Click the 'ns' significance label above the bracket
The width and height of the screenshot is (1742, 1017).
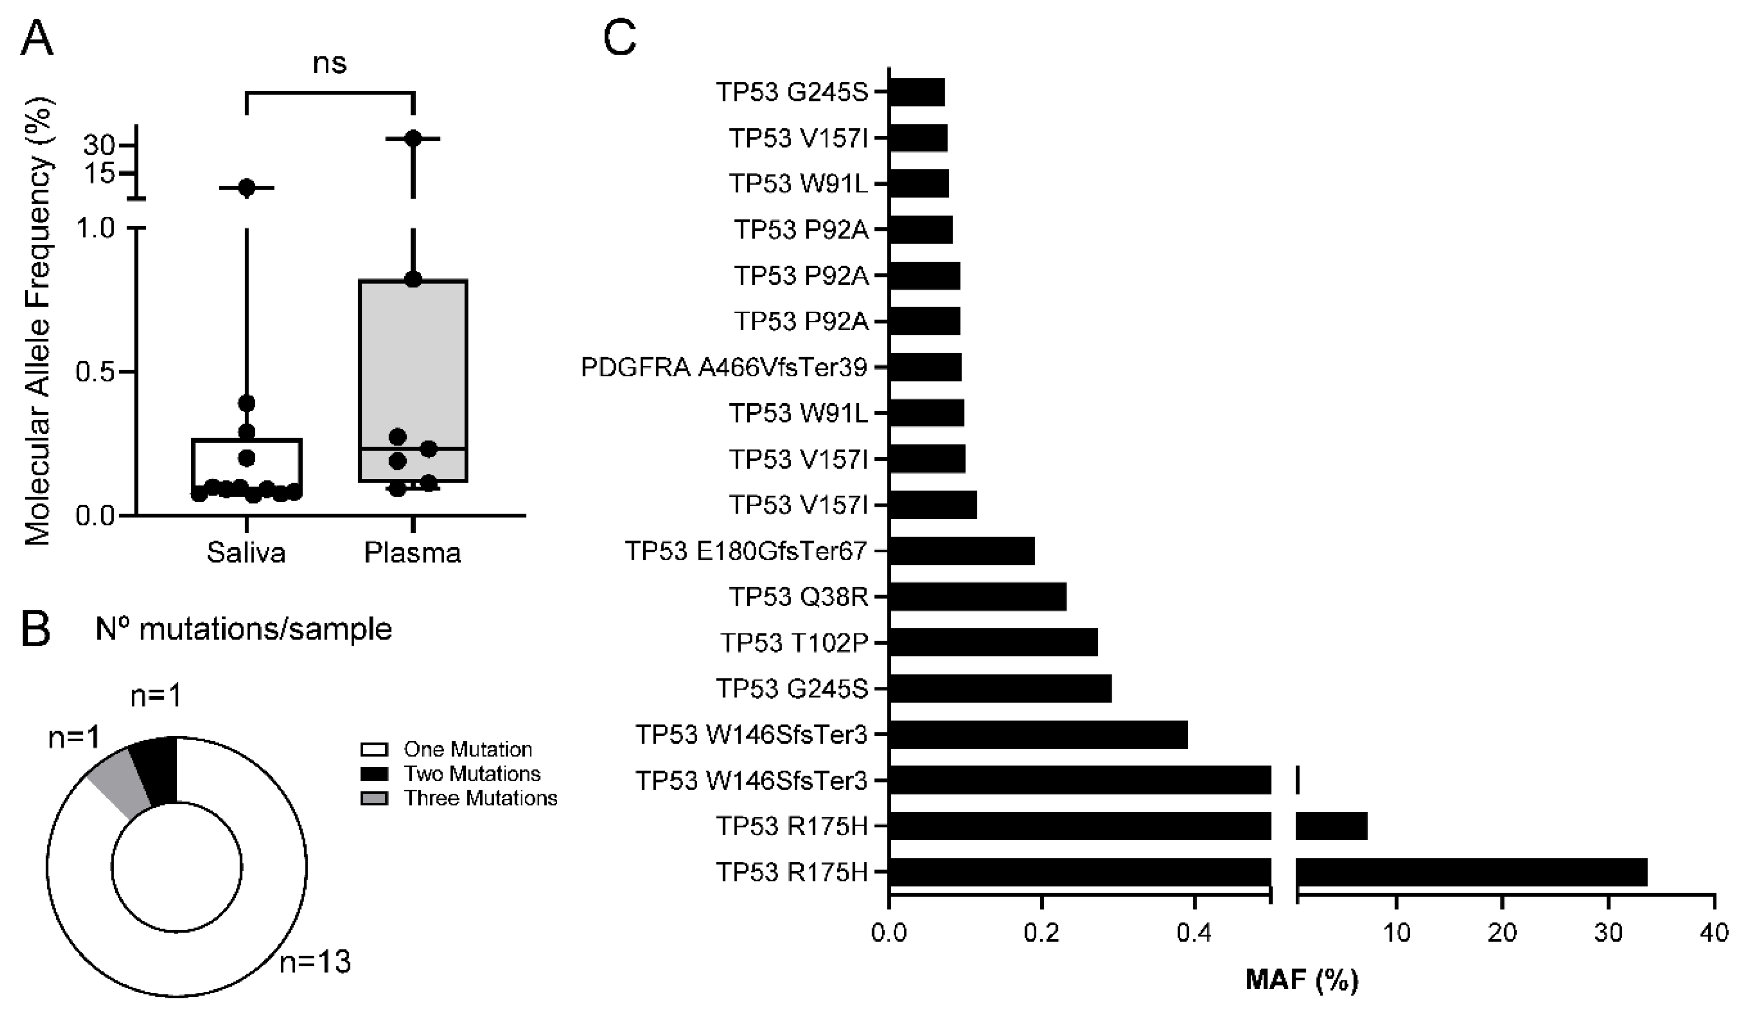pyautogui.click(x=330, y=64)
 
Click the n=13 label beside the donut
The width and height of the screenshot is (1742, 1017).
pyautogui.click(x=315, y=962)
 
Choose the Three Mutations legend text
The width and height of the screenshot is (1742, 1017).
pyautogui.click(x=480, y=799)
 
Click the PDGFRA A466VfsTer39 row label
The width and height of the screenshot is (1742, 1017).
pyautogui.click(x=724, y=367)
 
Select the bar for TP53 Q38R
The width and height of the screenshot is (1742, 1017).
pyautogui.click(x=977, y=597)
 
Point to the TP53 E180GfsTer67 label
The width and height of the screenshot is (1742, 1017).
pyautogui.click(x=746, y=551)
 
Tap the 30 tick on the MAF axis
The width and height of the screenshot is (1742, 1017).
pyautogui.click(x=1608, y=933)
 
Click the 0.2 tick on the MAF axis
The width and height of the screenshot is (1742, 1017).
pyautogui.click(x=1042, y=933)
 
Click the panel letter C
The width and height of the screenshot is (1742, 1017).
pyautogui.click(x=619, y=38)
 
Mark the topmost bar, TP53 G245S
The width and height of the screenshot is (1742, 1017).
pyautogui.click(x=916, y=92)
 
